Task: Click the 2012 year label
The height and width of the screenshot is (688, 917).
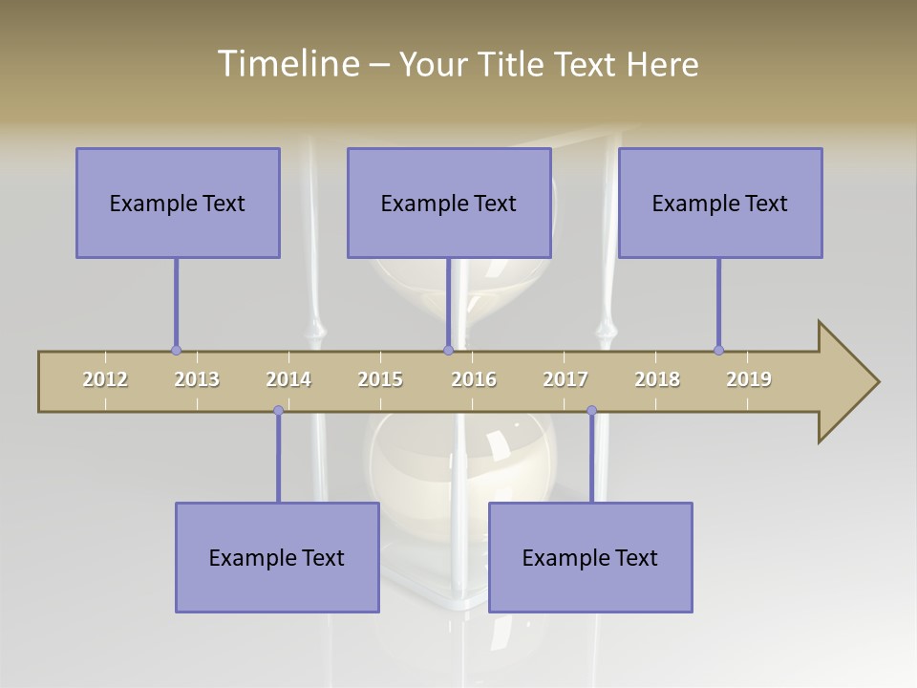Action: tap(105, 379)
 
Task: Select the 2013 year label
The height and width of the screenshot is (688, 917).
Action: tap(197, 379)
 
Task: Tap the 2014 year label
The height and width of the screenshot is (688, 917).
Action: tap(288, 379)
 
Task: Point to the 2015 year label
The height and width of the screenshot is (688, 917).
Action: tap(380, 379)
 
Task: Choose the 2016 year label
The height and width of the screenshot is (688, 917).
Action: tap(474, 379)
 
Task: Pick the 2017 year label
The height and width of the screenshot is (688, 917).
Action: tap(565, 379)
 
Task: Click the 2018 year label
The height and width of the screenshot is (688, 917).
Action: tap(657, 379)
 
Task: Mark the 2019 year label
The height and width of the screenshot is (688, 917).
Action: tap(749, 379)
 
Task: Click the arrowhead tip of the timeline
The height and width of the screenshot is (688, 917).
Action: tap(877, 382)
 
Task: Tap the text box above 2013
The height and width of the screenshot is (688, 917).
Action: tap(178, 203)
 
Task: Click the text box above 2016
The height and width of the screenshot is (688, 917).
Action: tap(449, 203)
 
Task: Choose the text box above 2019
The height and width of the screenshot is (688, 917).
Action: tap(720, 203)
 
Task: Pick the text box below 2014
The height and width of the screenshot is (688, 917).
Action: tap(277, 557)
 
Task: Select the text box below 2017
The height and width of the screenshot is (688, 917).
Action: tap(590, 557)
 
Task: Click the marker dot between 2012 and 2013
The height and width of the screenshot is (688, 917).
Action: tap(176, 350)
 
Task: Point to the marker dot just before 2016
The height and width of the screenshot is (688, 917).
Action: tap(449, 350)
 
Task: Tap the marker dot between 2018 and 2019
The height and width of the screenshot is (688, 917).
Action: tap(718, 350)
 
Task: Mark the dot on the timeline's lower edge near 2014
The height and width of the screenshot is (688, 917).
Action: tap(278, 411)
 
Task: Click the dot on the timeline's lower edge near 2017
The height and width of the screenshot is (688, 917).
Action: tap(591, 411)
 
